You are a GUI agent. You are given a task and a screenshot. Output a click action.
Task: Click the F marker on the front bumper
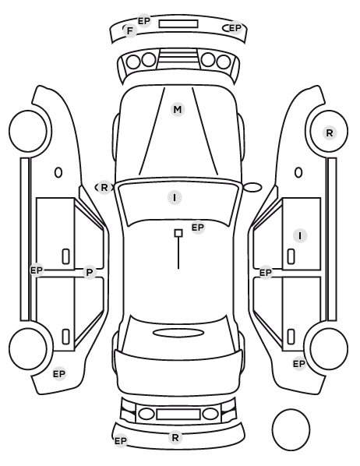(x=130, y=30)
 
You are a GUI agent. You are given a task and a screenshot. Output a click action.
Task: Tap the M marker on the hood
(x=178, y=110)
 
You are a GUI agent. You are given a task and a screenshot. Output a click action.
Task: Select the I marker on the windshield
(x=175, y=198)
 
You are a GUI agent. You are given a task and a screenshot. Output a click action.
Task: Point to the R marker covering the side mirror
(x=104, y=188)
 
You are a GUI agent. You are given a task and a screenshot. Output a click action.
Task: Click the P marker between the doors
(x=90, y=272)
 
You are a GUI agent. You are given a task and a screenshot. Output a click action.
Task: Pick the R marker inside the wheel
(x=329, y=132)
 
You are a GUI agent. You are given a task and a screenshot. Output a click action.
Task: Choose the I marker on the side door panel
(x=300, y=236)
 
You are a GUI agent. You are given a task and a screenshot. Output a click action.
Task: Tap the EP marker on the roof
(x=198, y=228)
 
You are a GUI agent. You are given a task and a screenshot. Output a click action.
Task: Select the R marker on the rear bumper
(x=175, y=437)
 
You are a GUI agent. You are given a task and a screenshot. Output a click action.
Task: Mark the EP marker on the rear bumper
(x=121, y=441)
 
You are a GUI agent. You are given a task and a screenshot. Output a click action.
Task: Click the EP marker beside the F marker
(x=144, y=21)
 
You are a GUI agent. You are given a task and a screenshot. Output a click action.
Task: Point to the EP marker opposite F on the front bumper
(x=235, y=28)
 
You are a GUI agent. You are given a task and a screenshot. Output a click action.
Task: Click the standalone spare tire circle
(x=291, y=429)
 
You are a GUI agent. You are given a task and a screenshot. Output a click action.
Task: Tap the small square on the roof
(x=178, y=233)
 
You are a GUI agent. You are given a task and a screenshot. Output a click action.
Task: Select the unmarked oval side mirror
(x=252, y=188)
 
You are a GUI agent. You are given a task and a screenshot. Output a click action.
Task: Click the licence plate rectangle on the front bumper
(x=178, y=24)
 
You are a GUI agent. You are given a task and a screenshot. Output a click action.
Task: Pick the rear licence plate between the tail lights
(x=178, y=415)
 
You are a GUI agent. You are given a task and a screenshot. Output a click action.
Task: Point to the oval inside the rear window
(x=178, y=333)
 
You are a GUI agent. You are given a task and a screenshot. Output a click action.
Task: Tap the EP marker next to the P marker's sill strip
(x=37, y=270)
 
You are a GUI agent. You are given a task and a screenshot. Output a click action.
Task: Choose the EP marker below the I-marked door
(x=266, y=272)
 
